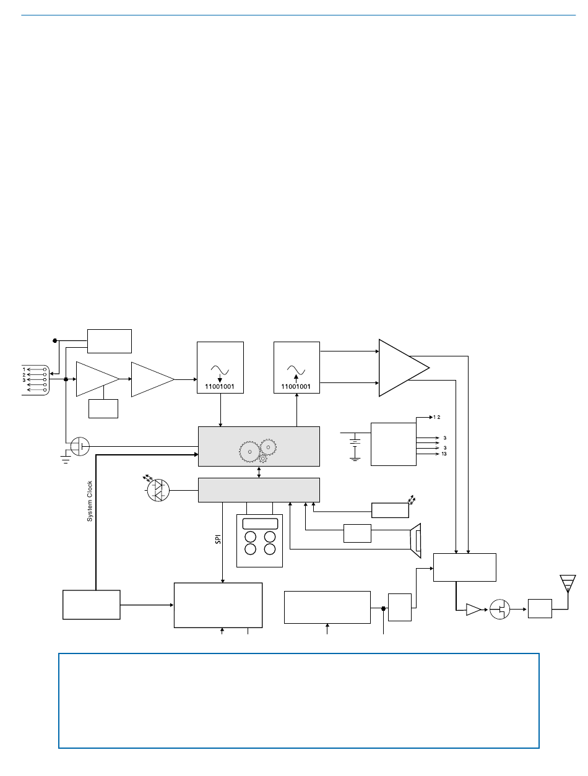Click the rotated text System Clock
click(90, 501)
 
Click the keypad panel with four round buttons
click(260, 540)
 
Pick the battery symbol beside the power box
click(355, 445)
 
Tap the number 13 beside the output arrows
click(444, 454)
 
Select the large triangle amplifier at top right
click(400, 367)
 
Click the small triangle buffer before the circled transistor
click(473, 610)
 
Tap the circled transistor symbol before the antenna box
click(500, 609)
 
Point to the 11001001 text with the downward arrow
click(220, 387)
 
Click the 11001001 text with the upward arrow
click(296, 387)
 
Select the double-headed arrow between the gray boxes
click(259, 472)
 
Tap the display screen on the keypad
click(260, 524)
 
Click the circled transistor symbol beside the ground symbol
click(80, 446)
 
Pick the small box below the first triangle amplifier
click(103, 408)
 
